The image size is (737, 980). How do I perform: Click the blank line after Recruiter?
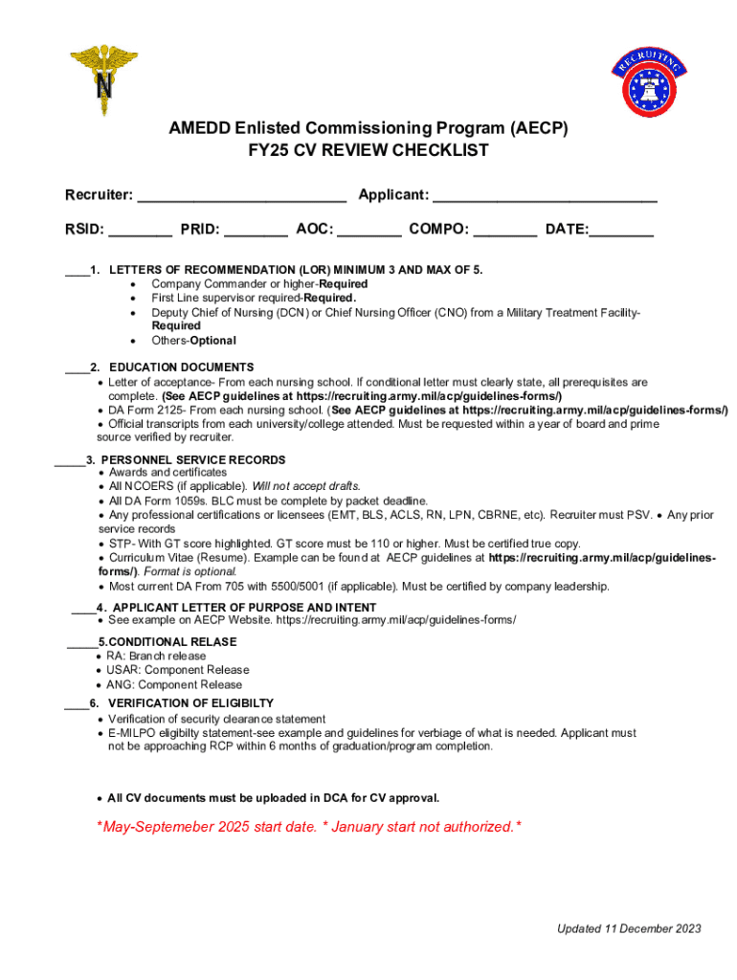(242, 198)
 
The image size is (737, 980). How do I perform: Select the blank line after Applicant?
(545, 198)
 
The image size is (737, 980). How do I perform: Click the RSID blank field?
(140, 233)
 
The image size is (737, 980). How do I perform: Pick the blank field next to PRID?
(256, 233)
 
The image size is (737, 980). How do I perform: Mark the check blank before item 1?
(77, 272)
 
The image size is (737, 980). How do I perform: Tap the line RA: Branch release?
(156, 657)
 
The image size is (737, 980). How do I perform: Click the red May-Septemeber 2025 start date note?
(309, 827)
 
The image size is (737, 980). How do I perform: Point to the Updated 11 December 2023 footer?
(630, 928)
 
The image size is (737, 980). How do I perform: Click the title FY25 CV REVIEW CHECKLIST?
(368, 151)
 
